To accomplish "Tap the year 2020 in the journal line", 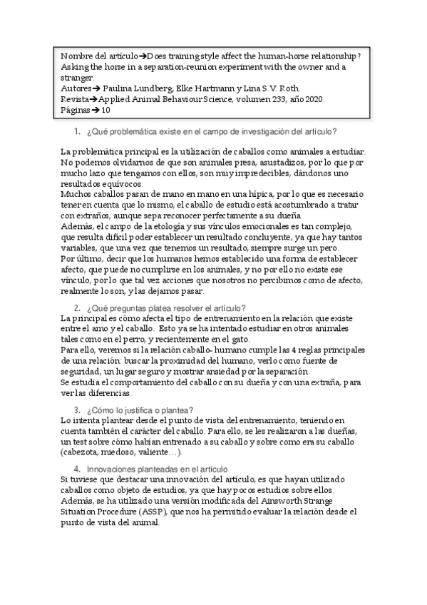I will [311, 99].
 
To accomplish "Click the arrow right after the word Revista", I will [93, 99].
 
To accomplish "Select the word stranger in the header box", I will [76, 78].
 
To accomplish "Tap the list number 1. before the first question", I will [78, 133].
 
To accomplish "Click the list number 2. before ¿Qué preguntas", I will [78, 307].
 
